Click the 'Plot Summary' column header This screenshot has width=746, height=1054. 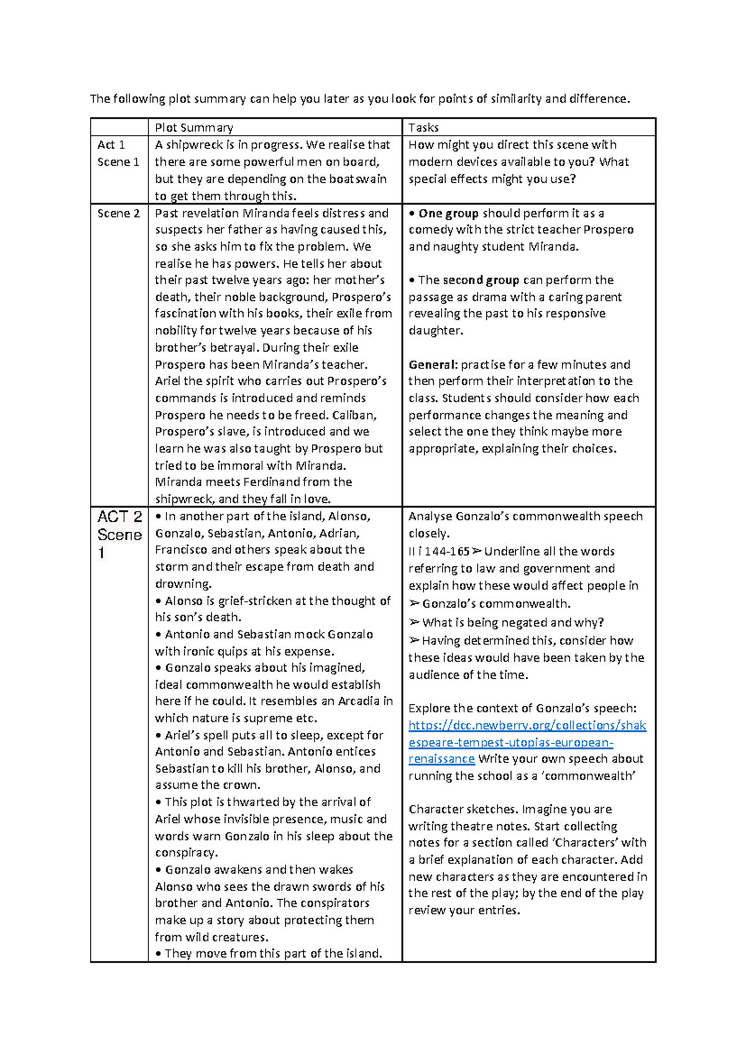pyautogui.click(x=194, y=127)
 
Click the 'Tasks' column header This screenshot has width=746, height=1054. pyautogui.click(x=423, y=127)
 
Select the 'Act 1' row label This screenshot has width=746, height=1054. pyautogui.click(x=111, y=145)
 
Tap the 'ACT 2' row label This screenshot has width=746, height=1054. pyautogui.click(x=119, y=517)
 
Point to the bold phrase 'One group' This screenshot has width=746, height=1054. pyautogui.click(x=448, y=213)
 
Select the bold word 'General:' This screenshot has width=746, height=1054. pyautogui.click(x=433, y=365)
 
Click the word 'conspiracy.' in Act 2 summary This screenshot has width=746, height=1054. pyautogui.click(x=186, y=853)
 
